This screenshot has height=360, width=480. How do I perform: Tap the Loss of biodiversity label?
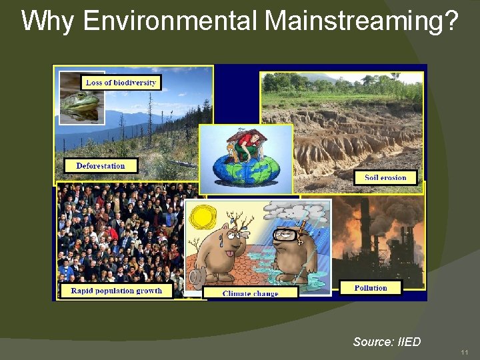[x=121, y=83]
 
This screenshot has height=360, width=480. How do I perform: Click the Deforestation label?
[x=101, y=165]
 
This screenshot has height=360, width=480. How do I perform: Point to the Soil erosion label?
[x=385, y=177]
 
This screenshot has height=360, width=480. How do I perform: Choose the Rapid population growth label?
[x=116, y=291]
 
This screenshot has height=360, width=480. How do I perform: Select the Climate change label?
[x=250, y=293]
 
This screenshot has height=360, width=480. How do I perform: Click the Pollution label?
[x=371, y=288]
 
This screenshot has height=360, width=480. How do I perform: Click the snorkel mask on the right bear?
[x=288, y=235]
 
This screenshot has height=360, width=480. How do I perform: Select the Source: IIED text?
[x=387, y=342]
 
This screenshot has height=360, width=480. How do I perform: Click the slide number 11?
[x=465, y=352]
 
